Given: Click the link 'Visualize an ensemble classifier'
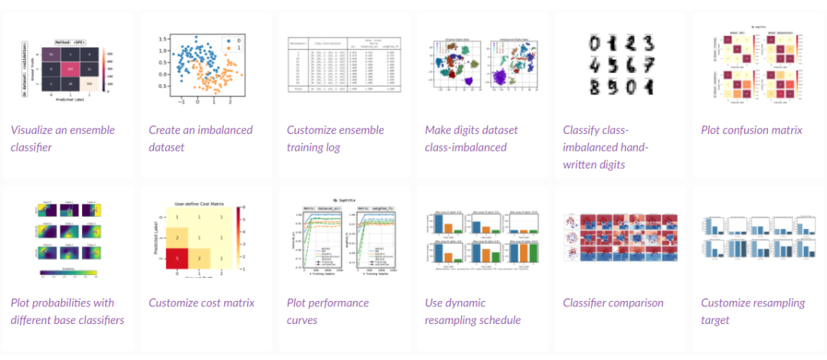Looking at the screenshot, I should (x=64, y=138).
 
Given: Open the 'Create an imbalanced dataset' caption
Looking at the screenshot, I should (x=200, y=138).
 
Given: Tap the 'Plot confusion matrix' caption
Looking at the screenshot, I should (x=751, y=129).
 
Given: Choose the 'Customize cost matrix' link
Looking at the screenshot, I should (x=201, y=303).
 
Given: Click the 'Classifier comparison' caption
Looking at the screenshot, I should (x=613, y=303).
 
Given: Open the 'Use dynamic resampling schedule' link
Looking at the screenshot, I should (x=472, y=311).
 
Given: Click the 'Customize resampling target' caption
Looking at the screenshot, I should (x=753, y=311).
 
